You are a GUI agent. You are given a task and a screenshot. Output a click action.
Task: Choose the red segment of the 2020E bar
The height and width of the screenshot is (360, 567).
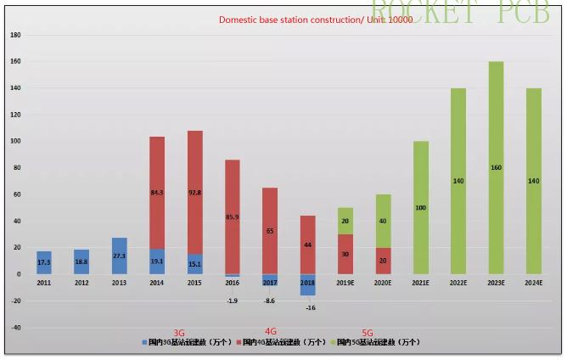coord(383,261)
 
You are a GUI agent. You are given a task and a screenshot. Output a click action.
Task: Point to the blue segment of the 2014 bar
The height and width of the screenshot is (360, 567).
coord(157,262)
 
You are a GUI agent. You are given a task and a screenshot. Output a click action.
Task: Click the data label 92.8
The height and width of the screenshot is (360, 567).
coord(195,193)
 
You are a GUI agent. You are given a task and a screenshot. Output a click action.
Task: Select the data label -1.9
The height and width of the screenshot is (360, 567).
coord(232,300)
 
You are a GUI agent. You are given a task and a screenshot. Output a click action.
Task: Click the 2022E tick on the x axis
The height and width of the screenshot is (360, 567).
coord(458,283)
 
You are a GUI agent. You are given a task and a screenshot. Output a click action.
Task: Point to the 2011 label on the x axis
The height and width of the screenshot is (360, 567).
coord(44,283)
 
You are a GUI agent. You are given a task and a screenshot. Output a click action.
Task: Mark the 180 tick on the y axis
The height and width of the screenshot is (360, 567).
coord(14,36)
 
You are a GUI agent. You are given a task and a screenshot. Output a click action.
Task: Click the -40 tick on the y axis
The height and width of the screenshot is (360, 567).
coord(14,328)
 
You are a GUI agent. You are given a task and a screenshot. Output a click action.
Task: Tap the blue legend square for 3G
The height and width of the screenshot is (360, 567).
coord(145,343)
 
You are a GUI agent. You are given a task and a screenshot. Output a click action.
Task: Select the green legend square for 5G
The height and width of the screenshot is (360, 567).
coord(334,343)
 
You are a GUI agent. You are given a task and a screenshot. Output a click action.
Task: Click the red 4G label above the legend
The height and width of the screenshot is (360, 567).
coord(271,332)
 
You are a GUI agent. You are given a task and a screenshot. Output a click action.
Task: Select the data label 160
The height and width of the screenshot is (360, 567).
coord(496,167)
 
